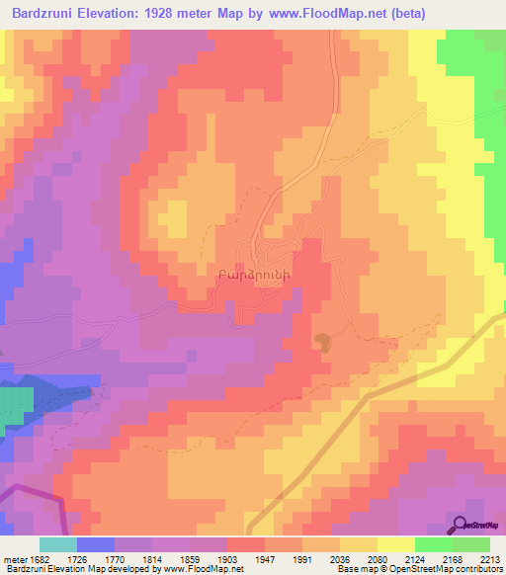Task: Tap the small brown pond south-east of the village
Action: click(x=323, y=342)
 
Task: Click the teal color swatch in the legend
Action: click(x=57, y=544)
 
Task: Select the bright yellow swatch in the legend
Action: click(x=395, y=544)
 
